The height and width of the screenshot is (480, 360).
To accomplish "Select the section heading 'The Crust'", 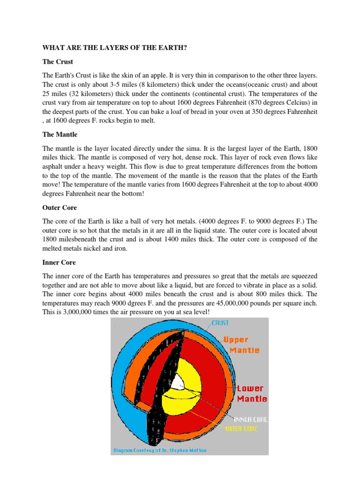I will [58, 62].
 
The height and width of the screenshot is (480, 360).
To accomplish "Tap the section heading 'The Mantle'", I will [60, 135].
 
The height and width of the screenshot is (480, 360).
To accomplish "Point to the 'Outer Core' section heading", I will [60, 207].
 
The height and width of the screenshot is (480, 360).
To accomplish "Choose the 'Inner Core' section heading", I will [59, 262].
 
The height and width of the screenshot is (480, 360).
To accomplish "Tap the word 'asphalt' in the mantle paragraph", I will [55, 166].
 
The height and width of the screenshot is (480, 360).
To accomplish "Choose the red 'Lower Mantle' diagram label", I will [251, 394].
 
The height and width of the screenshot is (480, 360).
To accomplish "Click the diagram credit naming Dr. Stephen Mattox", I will [160, 450].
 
